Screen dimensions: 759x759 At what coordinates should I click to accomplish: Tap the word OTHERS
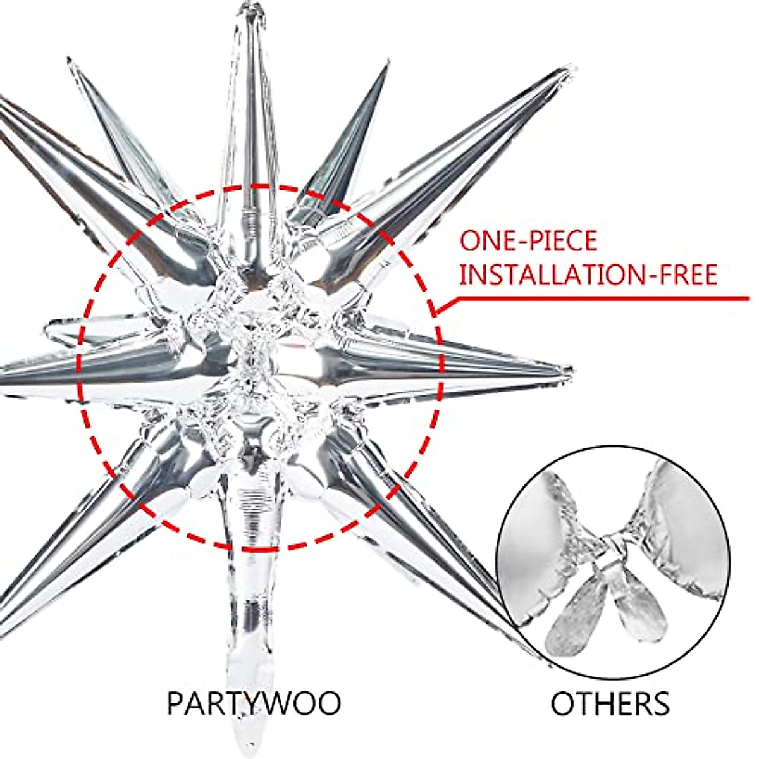610,703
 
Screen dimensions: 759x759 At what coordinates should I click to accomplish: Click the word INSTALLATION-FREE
588,276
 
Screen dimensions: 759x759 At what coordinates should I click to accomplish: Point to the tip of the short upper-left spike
70,61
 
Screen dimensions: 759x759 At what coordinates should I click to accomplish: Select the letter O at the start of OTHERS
562,703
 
